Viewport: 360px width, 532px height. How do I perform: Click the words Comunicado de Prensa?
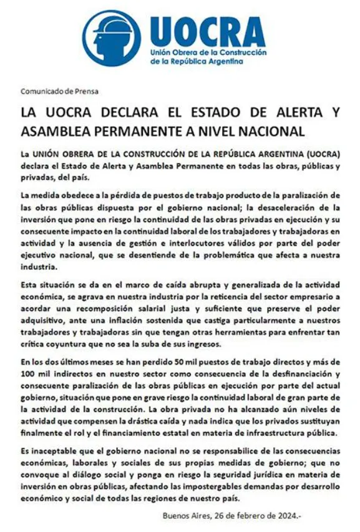pos(59,91)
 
